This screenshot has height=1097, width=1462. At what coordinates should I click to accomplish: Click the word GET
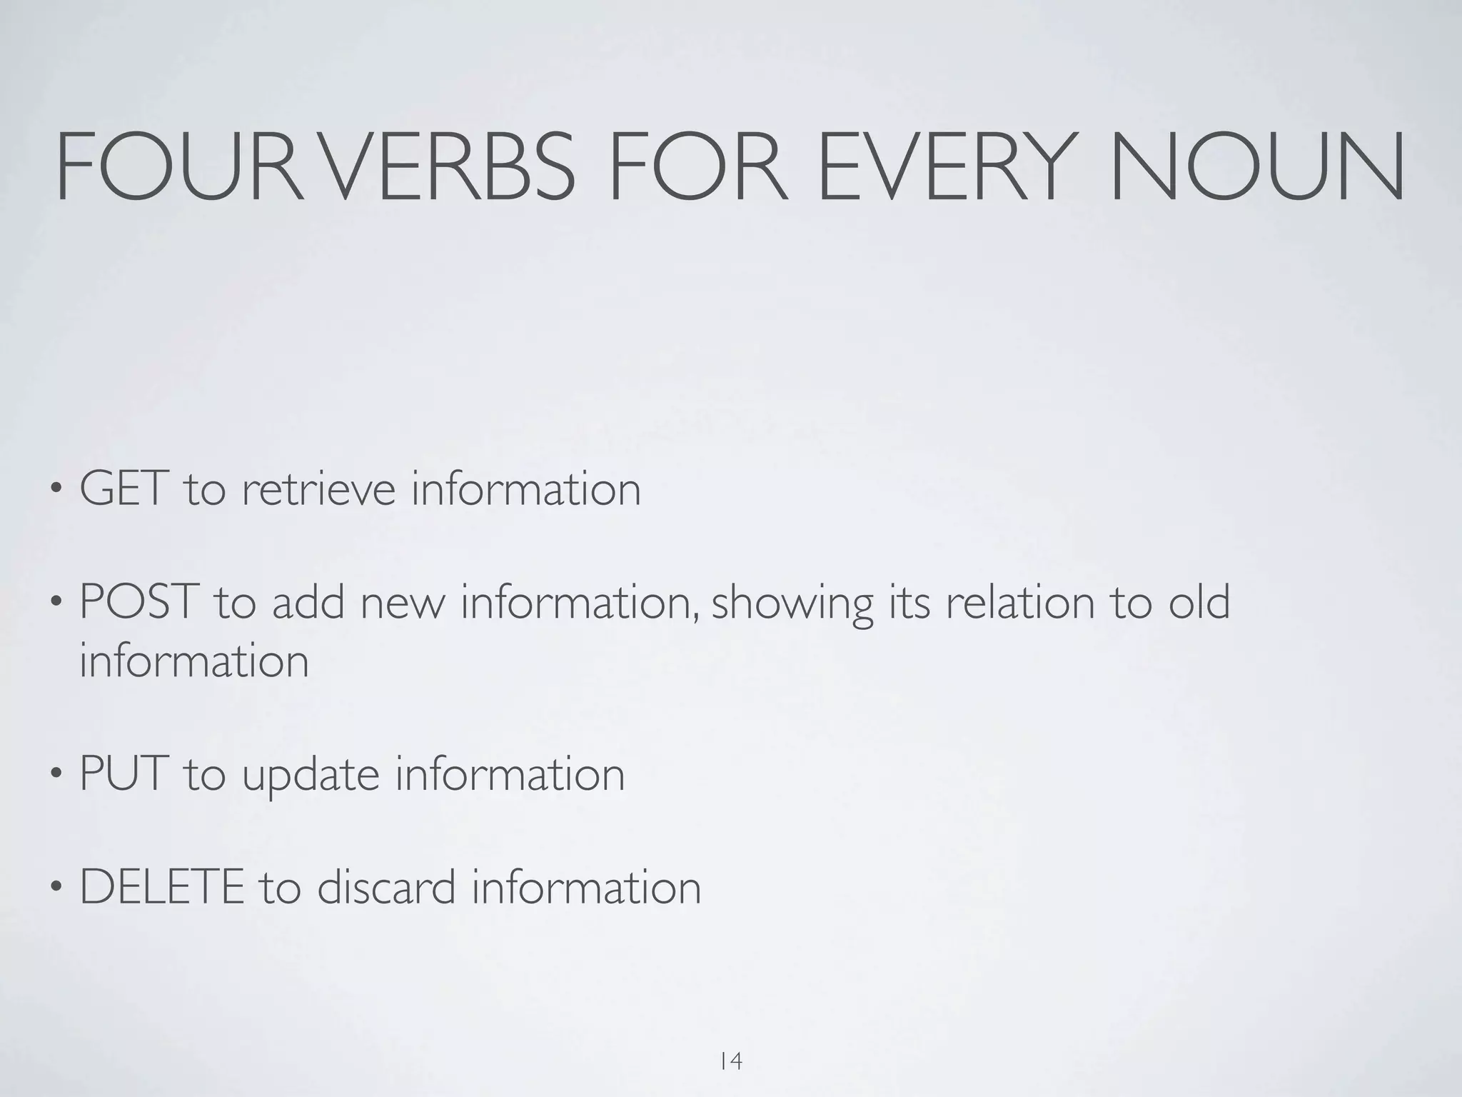(124, 489)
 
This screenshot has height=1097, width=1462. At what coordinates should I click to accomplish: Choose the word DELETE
(161, 887)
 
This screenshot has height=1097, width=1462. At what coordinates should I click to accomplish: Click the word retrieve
(318, 489)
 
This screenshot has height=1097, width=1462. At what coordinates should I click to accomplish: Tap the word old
(1199, 601)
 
